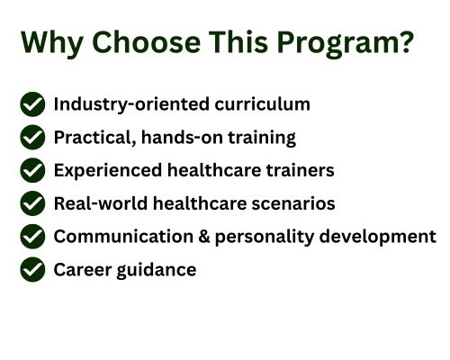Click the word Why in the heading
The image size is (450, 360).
click(52, 43)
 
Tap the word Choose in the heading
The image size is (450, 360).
click(146, 42)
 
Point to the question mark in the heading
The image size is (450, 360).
click(408, 41)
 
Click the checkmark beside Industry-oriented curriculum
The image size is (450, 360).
click(32, 104)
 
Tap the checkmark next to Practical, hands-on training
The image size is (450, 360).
click(32, 137)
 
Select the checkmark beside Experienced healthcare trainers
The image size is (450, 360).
click(32, 170)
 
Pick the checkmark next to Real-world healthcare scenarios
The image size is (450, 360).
click(32, 203)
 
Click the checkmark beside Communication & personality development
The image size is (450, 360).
click(32, 237)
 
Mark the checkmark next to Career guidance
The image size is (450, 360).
click(32, 269)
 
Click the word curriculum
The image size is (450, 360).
click(263, 104)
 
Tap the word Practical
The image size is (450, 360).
click(94, 138)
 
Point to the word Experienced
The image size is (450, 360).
click(108, 171)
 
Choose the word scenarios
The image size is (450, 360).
click(293, 203)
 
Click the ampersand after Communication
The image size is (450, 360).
click(204, 237)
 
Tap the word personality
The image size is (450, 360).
click(265, 238)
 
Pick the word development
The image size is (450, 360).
click(378, 238)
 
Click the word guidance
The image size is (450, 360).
click(157, 270)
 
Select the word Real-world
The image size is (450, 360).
click(101, 203)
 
